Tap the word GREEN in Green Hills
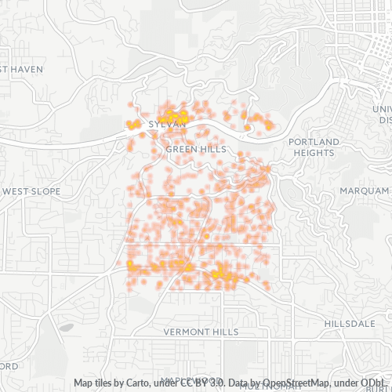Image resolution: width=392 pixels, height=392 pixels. [x=181, y=149]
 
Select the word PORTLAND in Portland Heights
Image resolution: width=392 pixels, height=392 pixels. [x=314, y=142]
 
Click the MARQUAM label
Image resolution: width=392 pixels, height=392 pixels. [x=364, y=191]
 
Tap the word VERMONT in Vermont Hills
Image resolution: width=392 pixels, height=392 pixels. [x=187, y=332]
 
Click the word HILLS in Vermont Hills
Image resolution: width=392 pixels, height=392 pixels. [x=225, y=332]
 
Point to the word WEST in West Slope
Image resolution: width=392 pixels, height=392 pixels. [x=16, y=191]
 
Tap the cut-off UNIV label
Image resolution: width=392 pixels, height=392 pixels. [x=384, y=109]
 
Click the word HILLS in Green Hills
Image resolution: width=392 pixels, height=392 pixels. [x=212, y=149]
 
